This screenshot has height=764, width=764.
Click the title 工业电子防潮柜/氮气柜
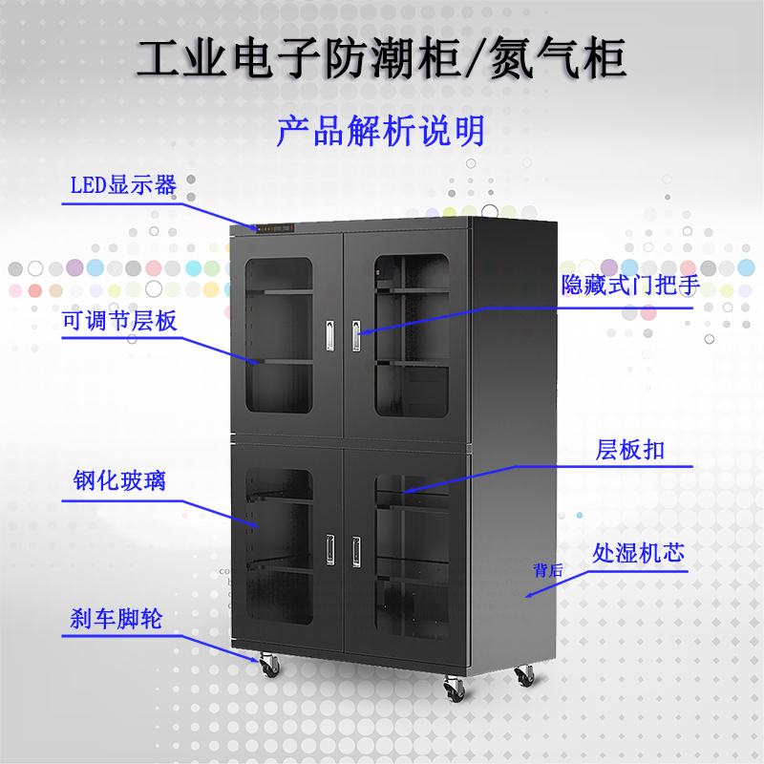point(381,59)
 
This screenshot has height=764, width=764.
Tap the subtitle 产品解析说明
point(381,131)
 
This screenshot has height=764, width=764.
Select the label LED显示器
point(123,184)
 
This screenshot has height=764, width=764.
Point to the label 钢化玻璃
point(119,479)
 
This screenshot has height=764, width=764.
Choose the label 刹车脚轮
point(116,618)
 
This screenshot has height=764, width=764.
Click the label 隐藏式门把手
point(631,285)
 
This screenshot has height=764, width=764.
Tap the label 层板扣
point(630,449)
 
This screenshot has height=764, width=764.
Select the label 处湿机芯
point(639,553)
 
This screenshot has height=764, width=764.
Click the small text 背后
point(548,571)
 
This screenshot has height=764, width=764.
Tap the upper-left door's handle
point(329,332)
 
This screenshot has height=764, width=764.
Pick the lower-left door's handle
point(329,548)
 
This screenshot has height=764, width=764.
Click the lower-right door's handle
point(356,548)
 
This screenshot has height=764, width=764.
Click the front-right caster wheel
point(453,686)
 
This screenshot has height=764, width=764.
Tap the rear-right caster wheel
point(525,675)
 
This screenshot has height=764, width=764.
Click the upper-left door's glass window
point(278,334)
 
